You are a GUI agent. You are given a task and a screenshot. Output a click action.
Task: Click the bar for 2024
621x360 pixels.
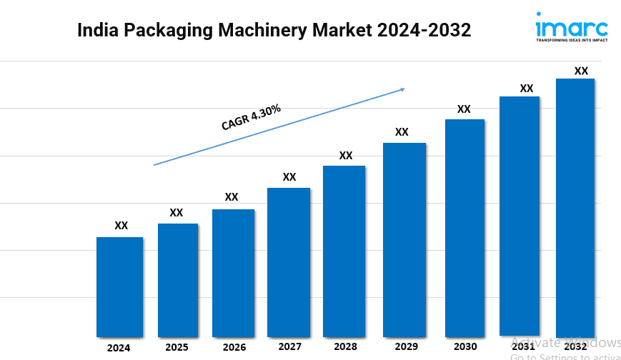coord(119,286)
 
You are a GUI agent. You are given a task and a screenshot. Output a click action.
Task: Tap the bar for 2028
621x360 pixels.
coord(344,251)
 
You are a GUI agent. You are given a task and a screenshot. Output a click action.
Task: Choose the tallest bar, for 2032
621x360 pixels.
coord(575,207)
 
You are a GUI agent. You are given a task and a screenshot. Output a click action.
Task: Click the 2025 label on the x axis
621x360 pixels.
coord(177,347)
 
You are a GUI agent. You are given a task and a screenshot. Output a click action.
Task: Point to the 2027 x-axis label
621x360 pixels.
coord(289,346)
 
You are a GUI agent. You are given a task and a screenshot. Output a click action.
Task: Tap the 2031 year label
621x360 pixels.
coord(523,346)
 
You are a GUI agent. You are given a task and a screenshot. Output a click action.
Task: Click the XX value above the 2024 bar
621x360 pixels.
coord(121,226)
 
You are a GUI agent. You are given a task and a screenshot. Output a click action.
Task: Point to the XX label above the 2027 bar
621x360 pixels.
coord(289,176)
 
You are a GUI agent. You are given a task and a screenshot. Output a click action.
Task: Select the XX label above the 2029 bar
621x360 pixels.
coord(402,132)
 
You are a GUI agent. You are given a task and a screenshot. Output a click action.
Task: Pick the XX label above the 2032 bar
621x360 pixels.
coord(582,71)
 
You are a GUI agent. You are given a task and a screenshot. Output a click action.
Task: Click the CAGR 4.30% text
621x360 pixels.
coord(251,118)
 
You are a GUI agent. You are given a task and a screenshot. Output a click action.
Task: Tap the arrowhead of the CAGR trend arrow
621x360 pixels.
coord(403,89)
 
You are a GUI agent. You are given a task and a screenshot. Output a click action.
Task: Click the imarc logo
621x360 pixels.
coord(571,28)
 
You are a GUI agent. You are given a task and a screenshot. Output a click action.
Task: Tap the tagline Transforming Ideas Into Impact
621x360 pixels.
coord(572,41)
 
